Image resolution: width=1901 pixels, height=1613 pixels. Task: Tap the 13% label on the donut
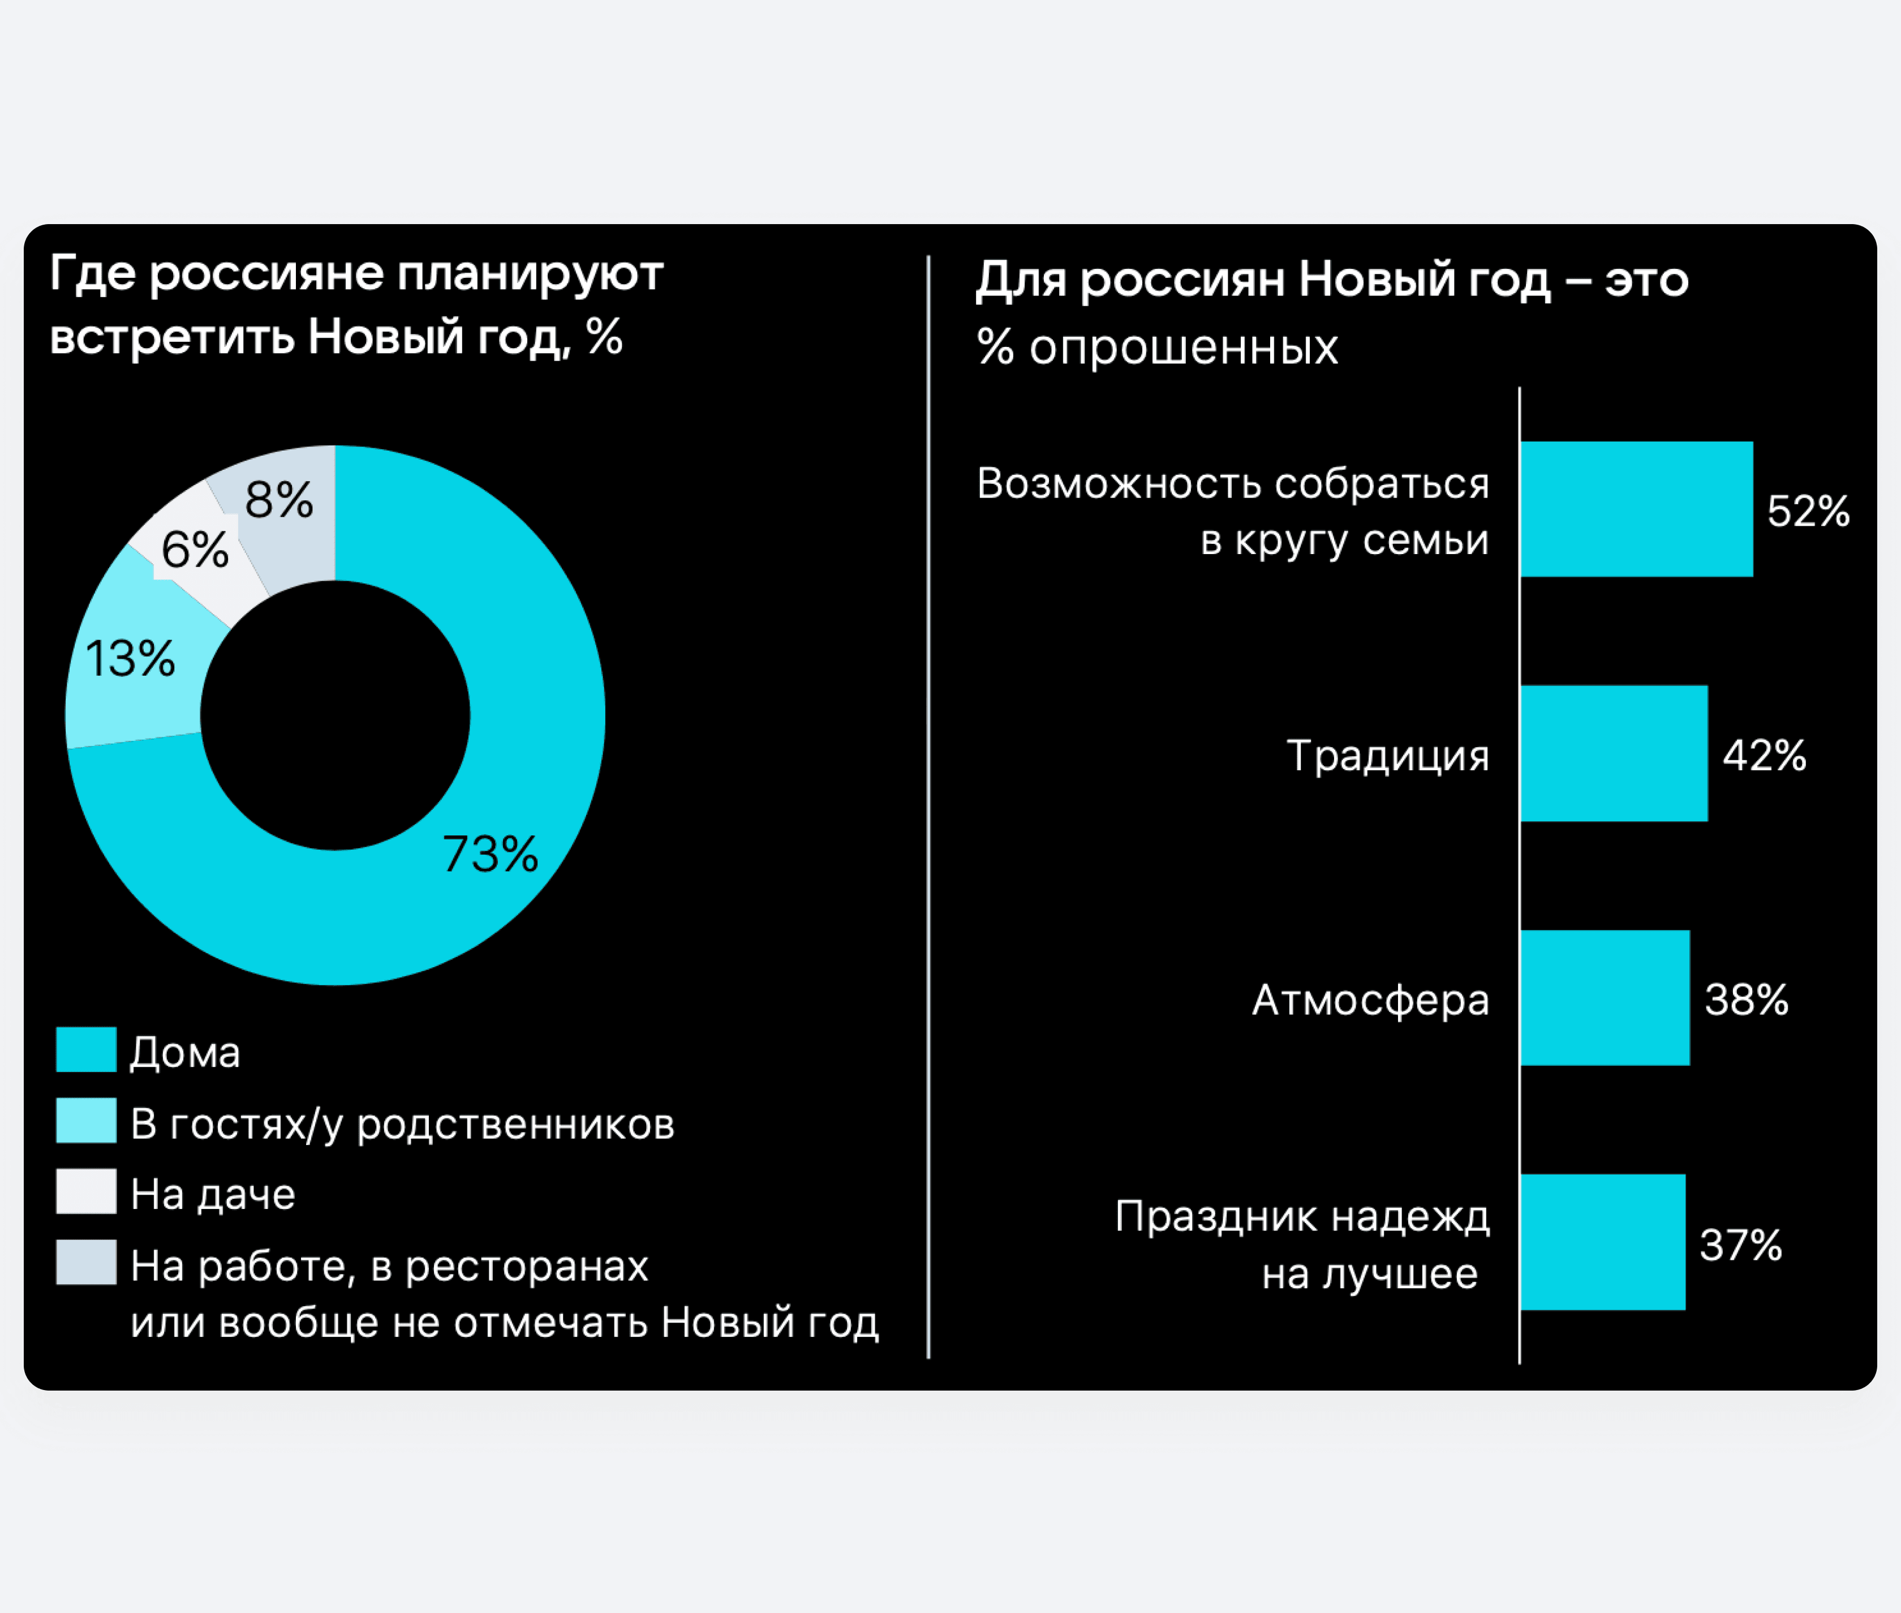[130, 658]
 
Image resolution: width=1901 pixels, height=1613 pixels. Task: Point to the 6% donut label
[195, 550]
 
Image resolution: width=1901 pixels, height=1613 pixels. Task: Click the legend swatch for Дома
[86, 1050]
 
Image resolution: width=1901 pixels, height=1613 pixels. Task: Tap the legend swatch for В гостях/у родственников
[86, 1121]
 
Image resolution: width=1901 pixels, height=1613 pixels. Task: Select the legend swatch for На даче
[86, 1191]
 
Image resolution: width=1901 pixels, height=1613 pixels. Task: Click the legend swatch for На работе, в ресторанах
[86, 1262]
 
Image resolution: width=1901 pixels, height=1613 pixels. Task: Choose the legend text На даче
[213, 1194]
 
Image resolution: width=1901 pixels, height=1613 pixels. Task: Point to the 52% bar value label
[1808, 511]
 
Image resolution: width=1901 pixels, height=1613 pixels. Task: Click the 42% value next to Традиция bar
[1764, 756]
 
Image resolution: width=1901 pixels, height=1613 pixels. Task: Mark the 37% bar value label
[1740, 1245]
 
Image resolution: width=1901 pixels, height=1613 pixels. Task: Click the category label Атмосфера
[1370, 999]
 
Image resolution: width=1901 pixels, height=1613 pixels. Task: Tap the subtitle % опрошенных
[1157, 348]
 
